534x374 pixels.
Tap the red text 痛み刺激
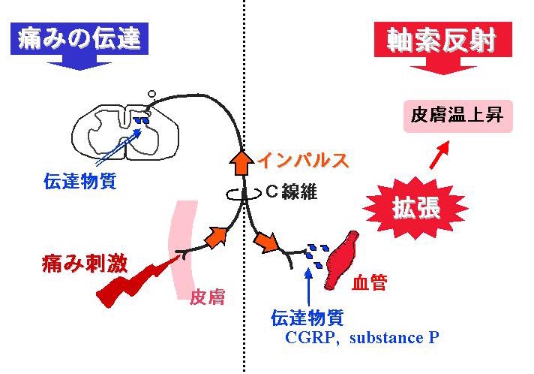click(x=85, y=264)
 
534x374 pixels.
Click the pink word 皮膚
click(x=207, y=297)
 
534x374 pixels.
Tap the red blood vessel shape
click(x=343, y=261)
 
